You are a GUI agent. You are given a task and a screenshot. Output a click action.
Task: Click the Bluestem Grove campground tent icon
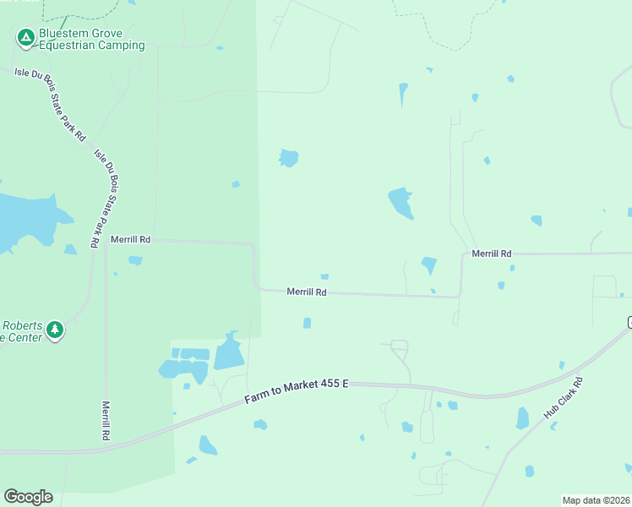25,36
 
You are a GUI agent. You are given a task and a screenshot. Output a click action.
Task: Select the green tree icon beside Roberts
55,330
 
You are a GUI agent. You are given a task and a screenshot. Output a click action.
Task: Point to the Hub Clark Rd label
564,398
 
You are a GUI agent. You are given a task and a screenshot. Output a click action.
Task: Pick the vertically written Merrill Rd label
106,420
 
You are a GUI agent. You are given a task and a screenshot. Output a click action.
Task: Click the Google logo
28,497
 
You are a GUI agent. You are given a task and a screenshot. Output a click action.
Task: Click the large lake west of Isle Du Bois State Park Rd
25,220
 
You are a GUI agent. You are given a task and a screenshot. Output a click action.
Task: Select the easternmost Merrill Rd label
492,253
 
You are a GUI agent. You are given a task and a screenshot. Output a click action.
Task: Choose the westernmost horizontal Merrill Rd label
130,240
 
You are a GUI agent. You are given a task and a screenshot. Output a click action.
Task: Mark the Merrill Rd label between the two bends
307,292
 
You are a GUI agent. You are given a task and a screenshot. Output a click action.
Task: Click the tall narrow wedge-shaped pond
403,93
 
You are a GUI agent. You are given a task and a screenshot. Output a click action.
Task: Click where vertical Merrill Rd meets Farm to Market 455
106,445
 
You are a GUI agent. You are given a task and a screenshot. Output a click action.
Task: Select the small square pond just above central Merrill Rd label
324,276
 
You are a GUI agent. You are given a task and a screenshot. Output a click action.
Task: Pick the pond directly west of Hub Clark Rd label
522,417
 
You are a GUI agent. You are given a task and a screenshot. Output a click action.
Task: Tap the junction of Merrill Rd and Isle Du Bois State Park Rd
105,241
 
